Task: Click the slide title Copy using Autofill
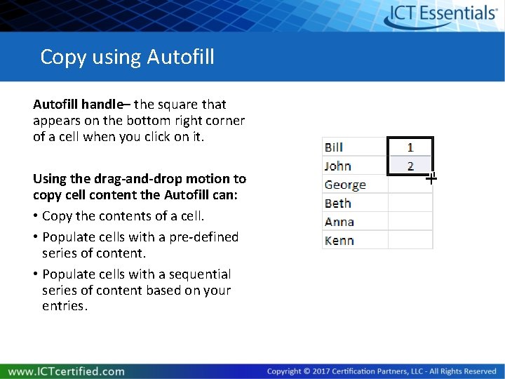pos(127,56)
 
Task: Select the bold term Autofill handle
pos(77,105)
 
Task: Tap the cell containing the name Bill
pos(354,147)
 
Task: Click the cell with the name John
pos(354,166)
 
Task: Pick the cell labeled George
pos(354,185)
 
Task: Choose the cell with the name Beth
pos(354,203)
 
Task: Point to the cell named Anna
pos(354,222)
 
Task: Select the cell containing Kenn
pos(354,240)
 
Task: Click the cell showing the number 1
pos(410,147)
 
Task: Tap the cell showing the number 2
pos(410,166)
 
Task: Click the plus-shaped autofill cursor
pos(431,178)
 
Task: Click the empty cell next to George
pos(410,185)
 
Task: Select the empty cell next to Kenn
pos(410,240)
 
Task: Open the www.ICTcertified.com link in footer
pos(67,371)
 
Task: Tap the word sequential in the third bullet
pos(198,274)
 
